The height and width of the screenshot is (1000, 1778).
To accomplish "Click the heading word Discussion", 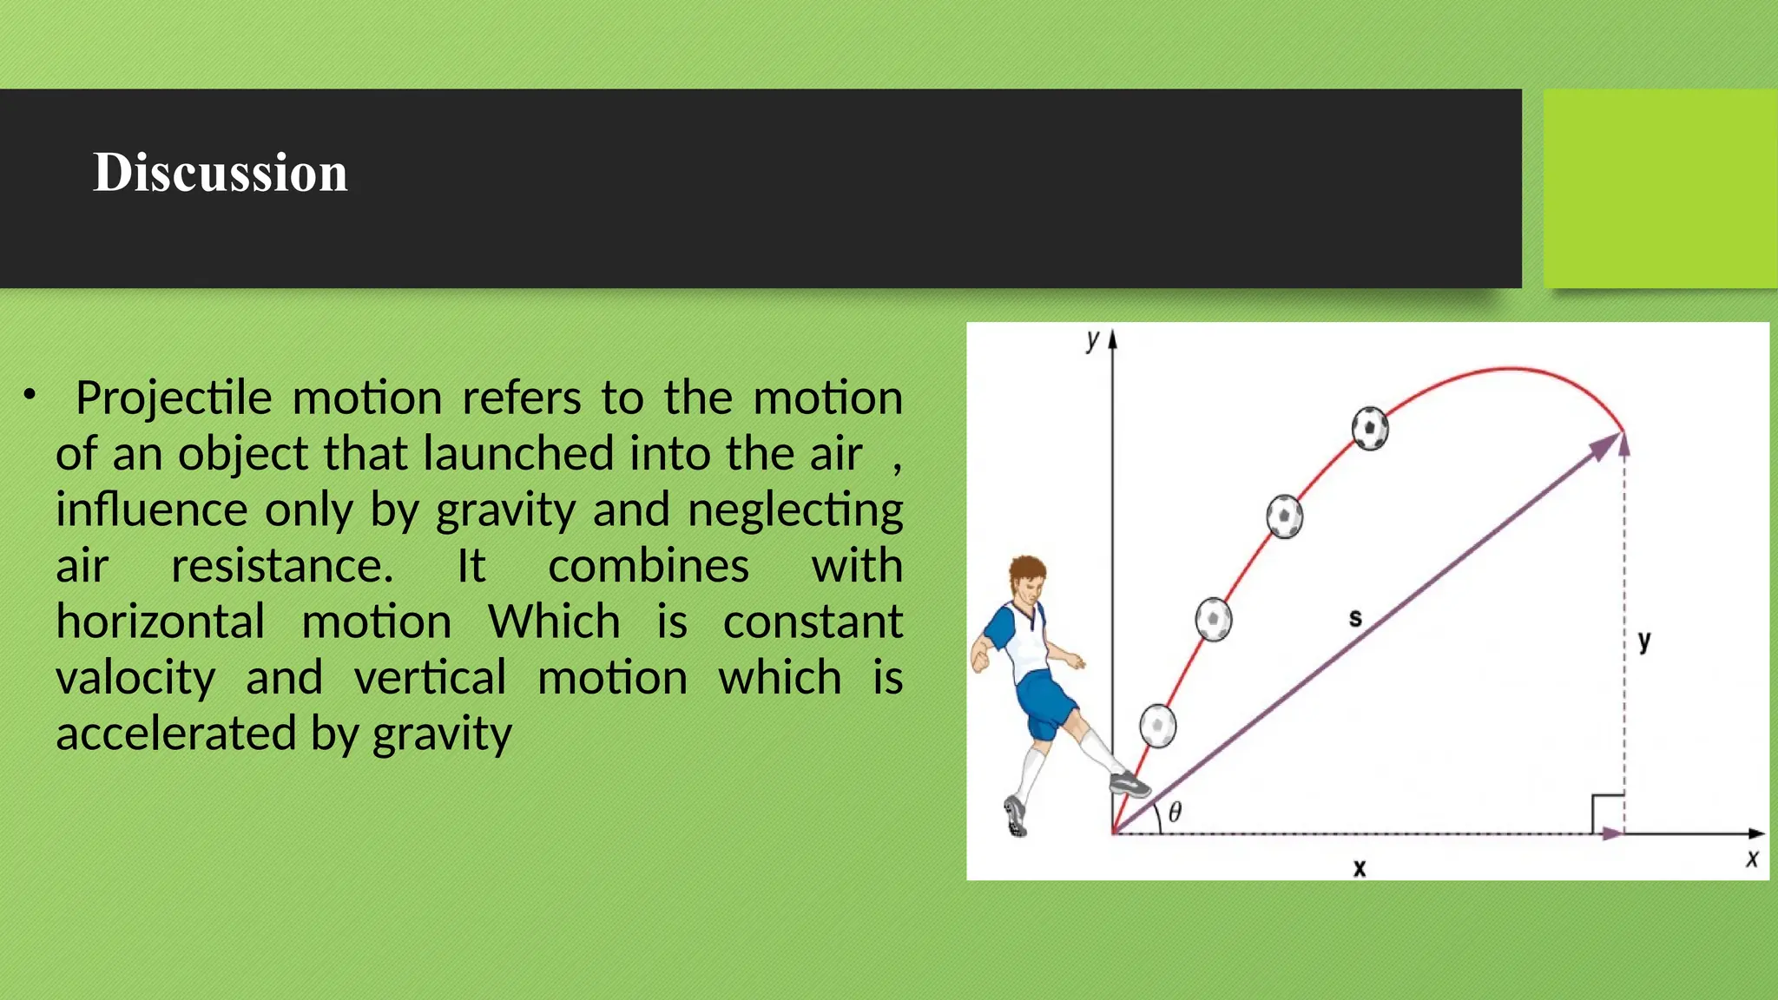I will tap(221, 172).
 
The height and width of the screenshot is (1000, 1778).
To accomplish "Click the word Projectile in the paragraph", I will tap(174, 398).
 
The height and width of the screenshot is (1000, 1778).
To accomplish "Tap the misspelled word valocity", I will tap(135, 678).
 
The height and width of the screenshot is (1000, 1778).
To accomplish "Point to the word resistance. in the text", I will tap(282, 566).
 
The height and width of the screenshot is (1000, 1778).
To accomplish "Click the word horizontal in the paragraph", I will tap(161, 622).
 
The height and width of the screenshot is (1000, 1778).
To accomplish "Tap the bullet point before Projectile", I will tap(30, 396).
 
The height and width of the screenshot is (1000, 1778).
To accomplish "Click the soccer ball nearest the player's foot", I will tap(1157, 726).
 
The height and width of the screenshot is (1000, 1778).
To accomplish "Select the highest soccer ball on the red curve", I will tap(1370, 428).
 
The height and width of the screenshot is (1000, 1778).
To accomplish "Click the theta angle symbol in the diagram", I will tap(1175, 812).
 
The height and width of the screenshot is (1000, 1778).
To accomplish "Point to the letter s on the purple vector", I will tap(1355, 618).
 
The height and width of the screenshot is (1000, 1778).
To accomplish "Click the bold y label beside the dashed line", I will tap(1643, 641).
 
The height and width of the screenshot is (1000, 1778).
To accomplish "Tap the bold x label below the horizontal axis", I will tap(1360, 867).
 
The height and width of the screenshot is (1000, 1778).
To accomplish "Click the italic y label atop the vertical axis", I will tap(1092, 339).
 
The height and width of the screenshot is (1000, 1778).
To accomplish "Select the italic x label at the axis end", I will tap(1752, 859).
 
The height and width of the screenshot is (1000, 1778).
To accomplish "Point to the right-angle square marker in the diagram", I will tap(1607, 812).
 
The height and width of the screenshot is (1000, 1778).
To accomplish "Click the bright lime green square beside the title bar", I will tap(1660, 188).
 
